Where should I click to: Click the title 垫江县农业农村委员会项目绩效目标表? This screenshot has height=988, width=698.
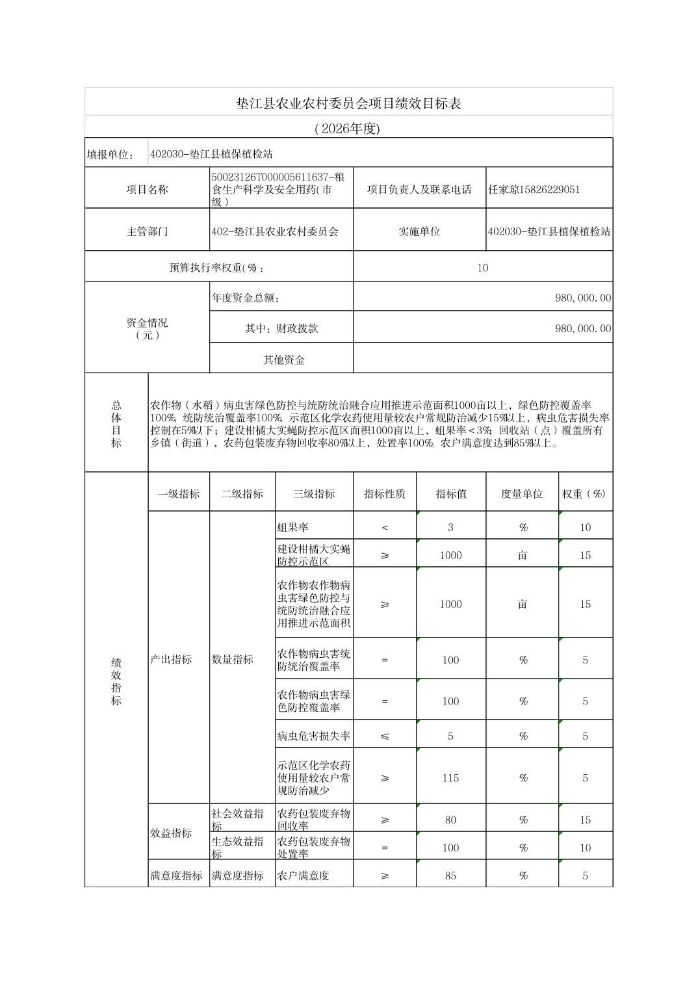point(348,103)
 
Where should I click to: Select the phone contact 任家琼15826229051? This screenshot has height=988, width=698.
point(534,190)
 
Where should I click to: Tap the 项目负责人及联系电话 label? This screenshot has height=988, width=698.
point(419,190)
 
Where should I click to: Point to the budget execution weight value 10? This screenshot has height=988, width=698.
point(482,268)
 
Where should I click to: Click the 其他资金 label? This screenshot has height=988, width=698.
point(284,359)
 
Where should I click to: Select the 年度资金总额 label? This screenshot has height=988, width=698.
point(246,298)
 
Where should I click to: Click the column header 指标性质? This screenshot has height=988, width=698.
point(385,494)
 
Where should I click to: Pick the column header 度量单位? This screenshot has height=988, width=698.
point(522,494)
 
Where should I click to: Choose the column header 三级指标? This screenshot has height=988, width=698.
point(314,494)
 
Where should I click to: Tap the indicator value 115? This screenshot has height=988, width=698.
point(450,778)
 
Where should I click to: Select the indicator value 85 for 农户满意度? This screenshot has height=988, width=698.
point(450,876)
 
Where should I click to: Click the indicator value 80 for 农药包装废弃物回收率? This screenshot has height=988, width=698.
point(450,820)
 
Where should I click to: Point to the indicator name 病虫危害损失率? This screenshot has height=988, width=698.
point(314,736)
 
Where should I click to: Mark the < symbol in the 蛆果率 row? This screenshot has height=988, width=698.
point(385,527)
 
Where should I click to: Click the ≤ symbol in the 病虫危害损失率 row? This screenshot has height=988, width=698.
point(385,736)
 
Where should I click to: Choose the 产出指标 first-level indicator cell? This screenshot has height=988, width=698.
point(172,659)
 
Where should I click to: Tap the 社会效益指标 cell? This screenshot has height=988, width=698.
point(238,819)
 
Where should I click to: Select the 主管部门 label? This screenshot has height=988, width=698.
point(148,231)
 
